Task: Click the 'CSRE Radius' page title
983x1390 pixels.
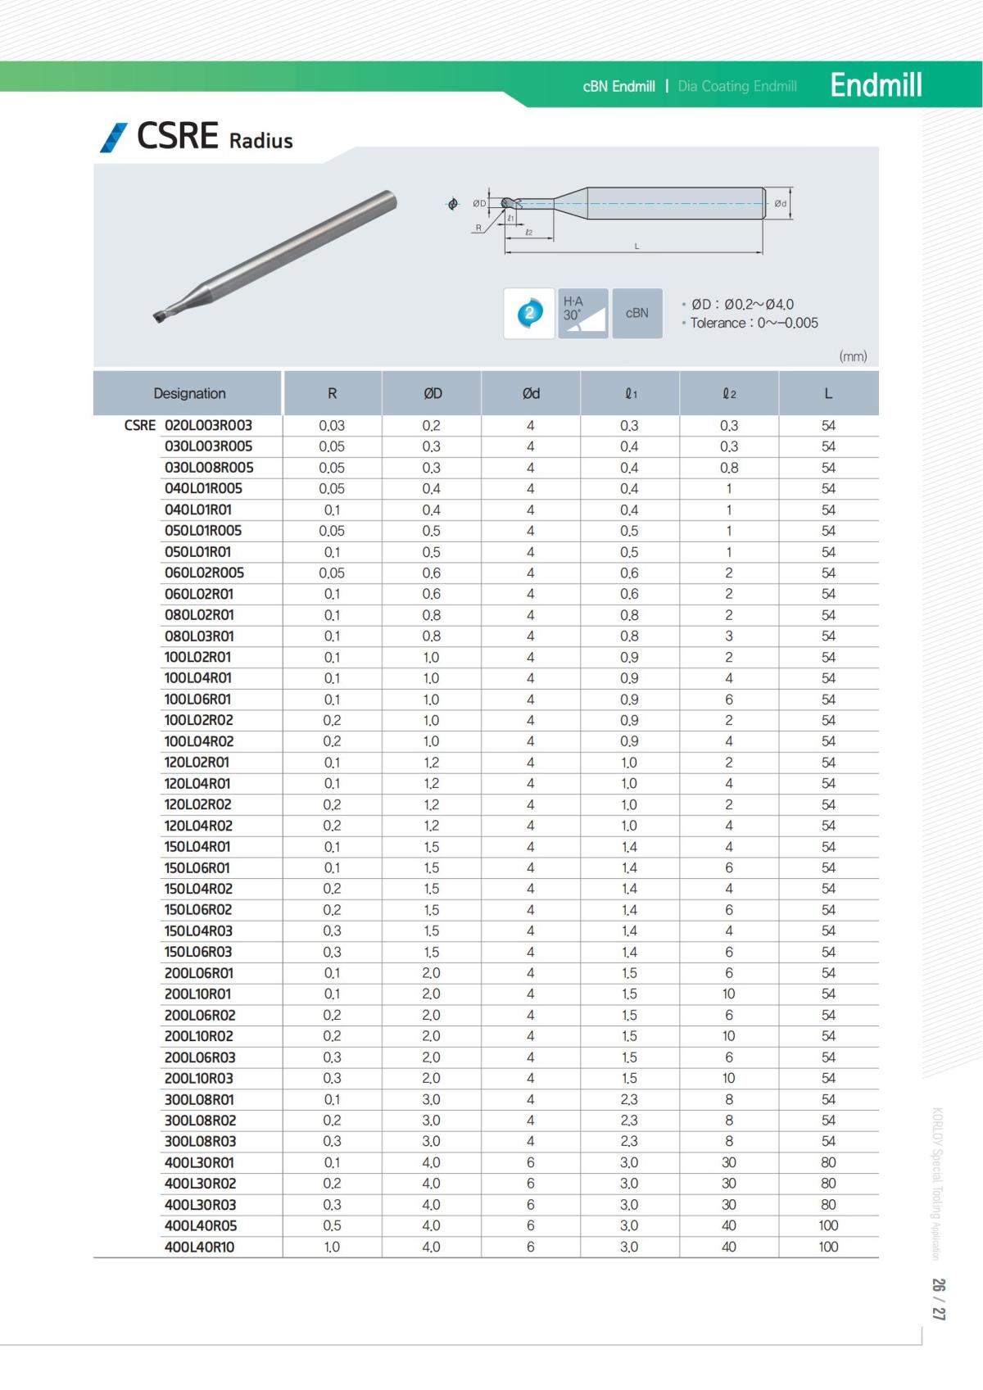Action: [214, 137]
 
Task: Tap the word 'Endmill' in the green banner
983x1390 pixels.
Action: [876, 85]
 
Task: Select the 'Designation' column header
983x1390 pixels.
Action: [189, 393]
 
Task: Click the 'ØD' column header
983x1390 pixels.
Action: [433, 393]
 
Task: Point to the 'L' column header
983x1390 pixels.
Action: [828, 393]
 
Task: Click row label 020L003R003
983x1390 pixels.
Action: [208, 425]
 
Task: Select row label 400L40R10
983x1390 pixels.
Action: [199, 1247]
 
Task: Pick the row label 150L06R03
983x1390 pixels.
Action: [198, 952]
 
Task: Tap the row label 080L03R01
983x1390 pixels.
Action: [199, 636]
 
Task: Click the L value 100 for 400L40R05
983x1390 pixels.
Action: [828, 1225]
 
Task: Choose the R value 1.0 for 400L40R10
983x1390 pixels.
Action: [332, 1247]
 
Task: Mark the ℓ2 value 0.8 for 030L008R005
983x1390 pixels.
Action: [728, 468]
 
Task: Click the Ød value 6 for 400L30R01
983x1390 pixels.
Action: [531, 1162]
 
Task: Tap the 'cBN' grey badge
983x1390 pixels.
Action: [636, 313]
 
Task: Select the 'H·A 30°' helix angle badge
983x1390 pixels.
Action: [582, 313]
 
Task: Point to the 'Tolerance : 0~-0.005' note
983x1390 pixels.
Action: [754, 323]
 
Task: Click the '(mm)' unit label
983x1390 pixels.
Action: [853, 356]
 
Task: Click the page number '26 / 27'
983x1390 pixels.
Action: [939, 1298]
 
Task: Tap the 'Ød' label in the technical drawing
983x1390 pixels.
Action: [780, 203]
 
